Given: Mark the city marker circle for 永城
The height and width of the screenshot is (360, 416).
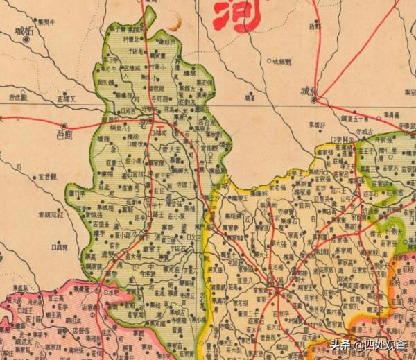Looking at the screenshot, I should tap(313, 101).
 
